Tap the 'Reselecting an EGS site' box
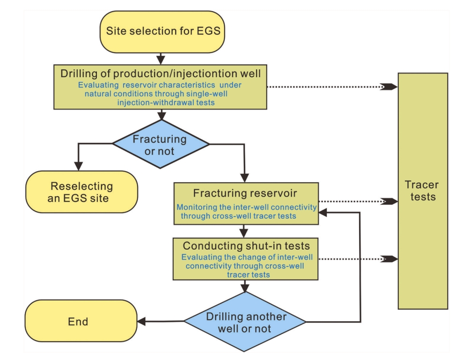coord(81,191)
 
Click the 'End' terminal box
coord(80,321)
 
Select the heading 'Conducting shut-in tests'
coord(246,246)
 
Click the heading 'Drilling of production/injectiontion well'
coord(161,73)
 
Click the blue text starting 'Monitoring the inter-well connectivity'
coord(247,207)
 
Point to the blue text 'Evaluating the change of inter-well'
coord(247,257)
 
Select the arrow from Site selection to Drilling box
coord(161,58)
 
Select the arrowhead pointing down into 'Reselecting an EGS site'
coord(79,166)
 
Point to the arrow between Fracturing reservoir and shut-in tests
coord(244,230)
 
